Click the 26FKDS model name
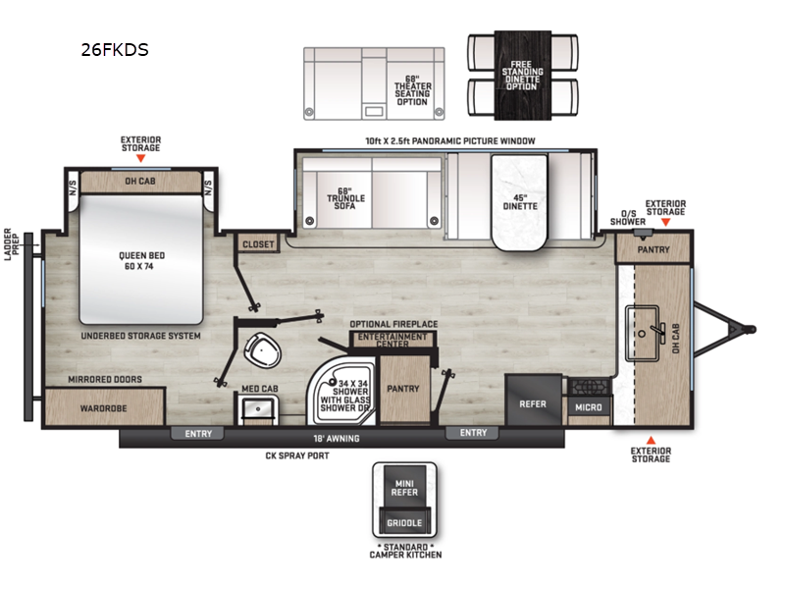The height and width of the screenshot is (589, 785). (115, 50)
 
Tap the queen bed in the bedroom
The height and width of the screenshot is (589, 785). (141, 259)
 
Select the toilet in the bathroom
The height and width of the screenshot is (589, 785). (262, 350)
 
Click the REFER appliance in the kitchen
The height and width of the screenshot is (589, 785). (533, 400)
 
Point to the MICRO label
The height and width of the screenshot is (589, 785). (588, 407)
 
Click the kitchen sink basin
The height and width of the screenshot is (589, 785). (643, 333)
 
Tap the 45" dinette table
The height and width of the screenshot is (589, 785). (519, 202)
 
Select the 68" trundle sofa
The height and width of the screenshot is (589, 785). (372, 192)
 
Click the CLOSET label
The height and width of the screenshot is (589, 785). (258, 244)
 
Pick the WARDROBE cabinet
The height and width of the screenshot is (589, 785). (104, 406)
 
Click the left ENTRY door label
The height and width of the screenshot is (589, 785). (198, 434)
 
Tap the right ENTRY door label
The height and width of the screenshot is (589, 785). (473, 433)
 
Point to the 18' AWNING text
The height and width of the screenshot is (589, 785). (337, 439)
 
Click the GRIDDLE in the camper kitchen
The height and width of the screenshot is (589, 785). (404, 521)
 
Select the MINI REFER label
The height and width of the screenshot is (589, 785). (404, 488)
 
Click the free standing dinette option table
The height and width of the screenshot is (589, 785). (523, 76)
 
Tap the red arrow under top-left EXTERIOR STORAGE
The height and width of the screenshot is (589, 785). (141, 158)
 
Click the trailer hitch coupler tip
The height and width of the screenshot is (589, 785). (750, 330)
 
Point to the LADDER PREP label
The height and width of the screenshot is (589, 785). (12, 244)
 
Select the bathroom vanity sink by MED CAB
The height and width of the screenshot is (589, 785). (258, 408)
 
